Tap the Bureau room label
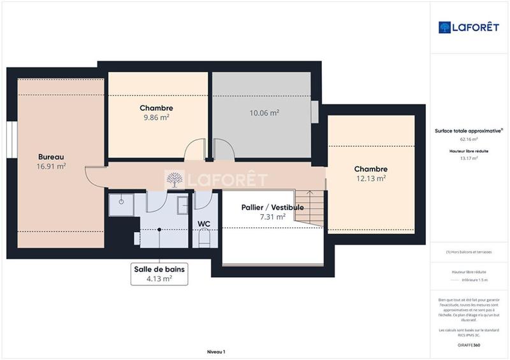(51, 157)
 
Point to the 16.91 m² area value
(52, 166)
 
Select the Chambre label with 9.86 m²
(156, 108)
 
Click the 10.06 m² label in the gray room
(264, 113)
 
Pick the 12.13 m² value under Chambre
(371, 178)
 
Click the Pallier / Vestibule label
(272, 208)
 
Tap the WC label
(204, 224)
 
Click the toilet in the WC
(205, 239)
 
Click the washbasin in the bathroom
(182, 205)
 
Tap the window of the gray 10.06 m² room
(314, 112)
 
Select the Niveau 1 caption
(216, 352)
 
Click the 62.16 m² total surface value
(469, 139)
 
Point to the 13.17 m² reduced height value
(469, 159)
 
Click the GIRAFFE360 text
(469, 345)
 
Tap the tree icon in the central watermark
(173, 180)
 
